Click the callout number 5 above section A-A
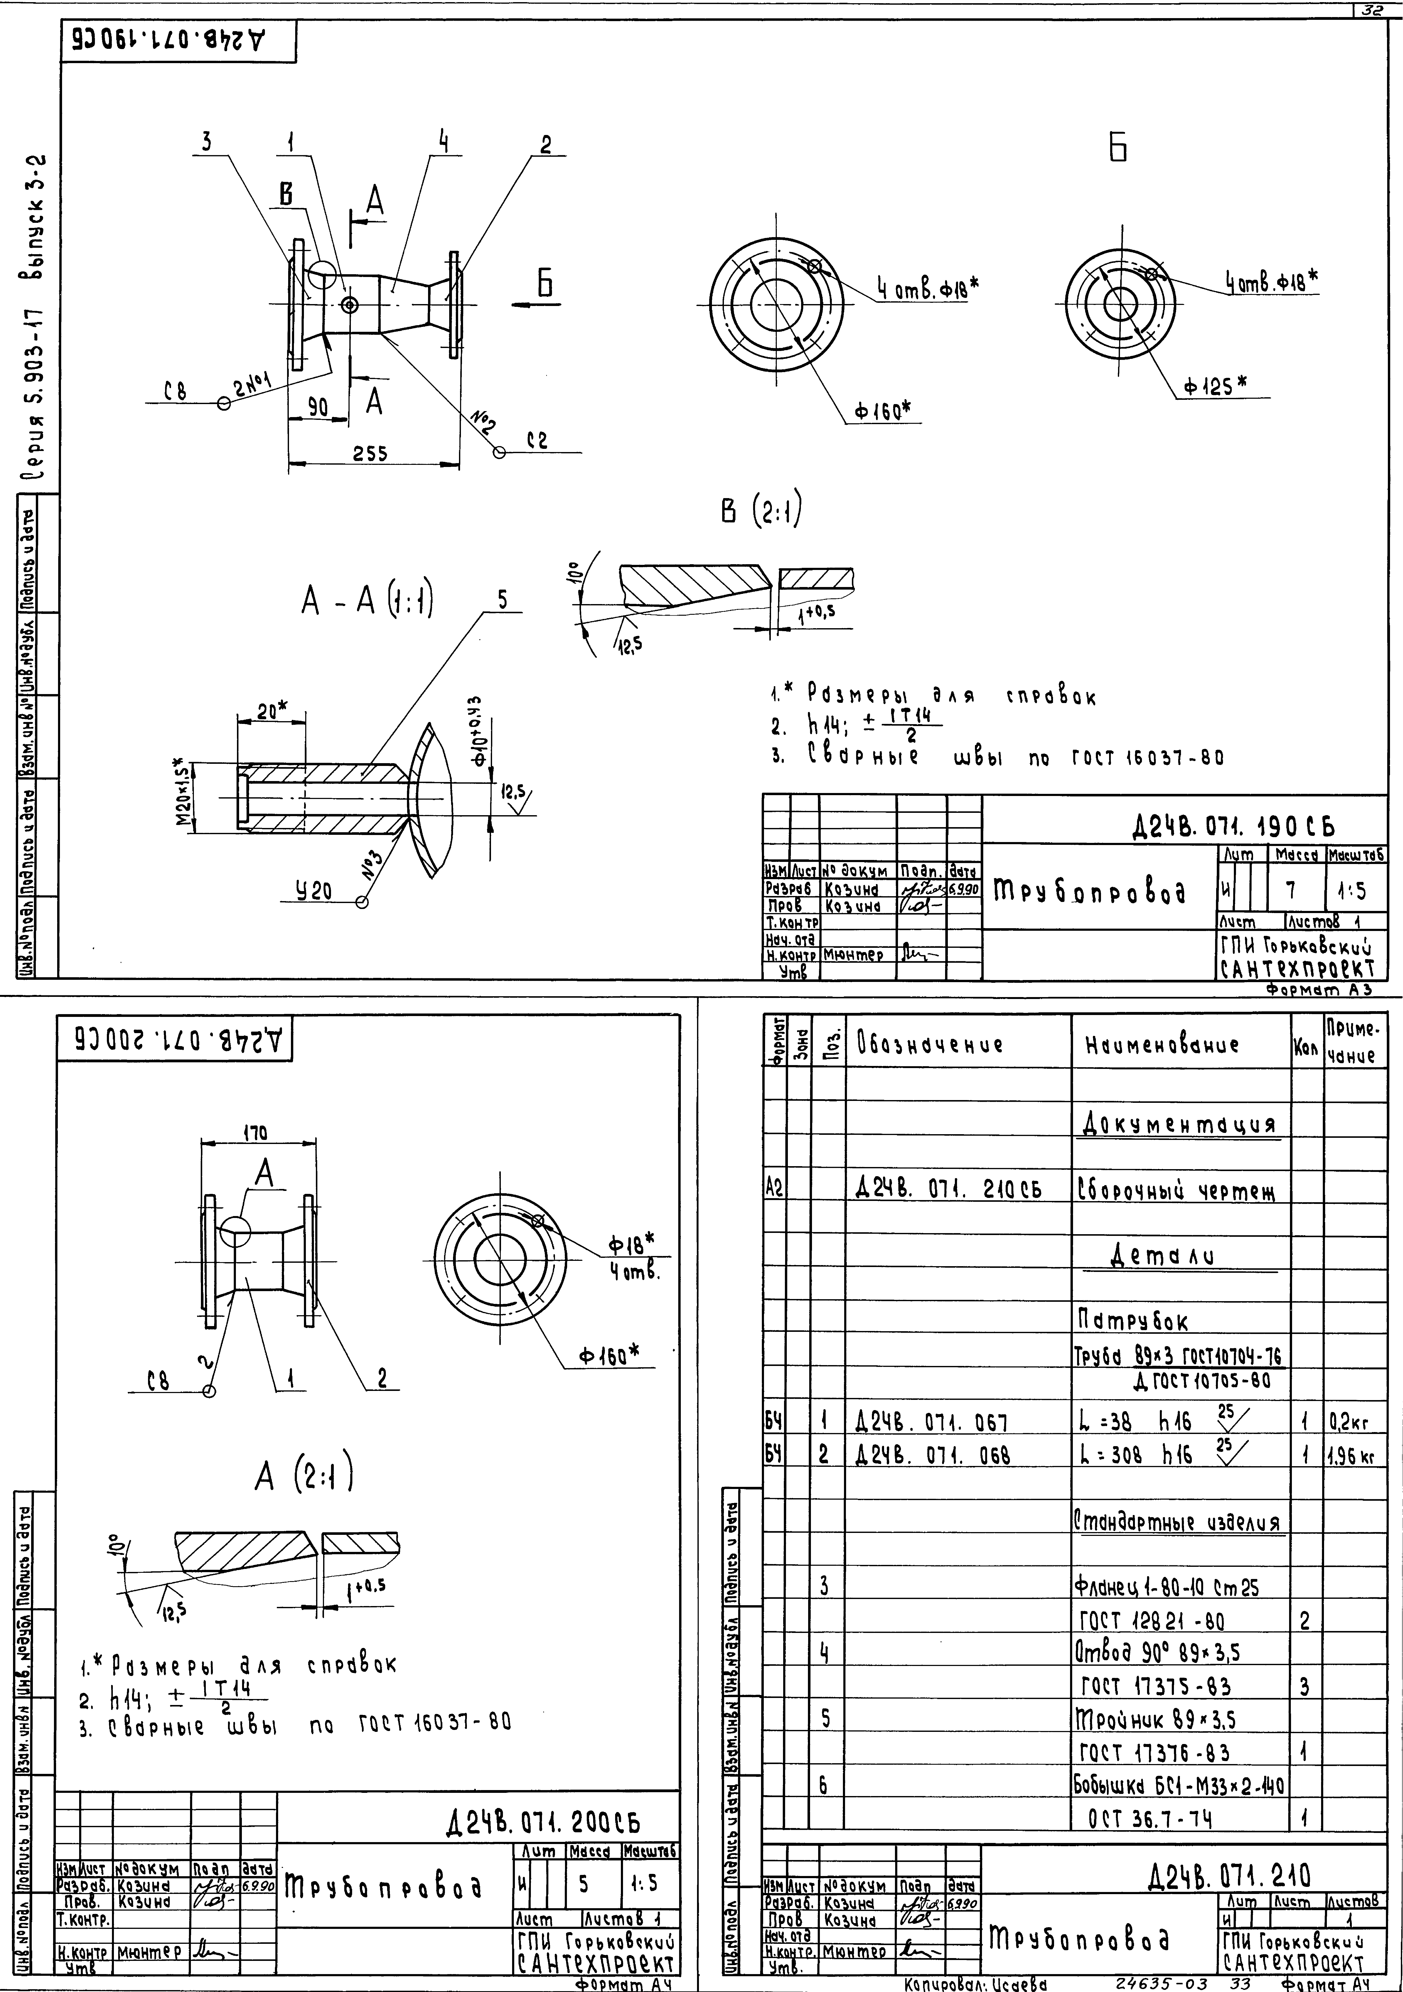click(502, 600)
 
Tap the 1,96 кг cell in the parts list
click(1354, 1454)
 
